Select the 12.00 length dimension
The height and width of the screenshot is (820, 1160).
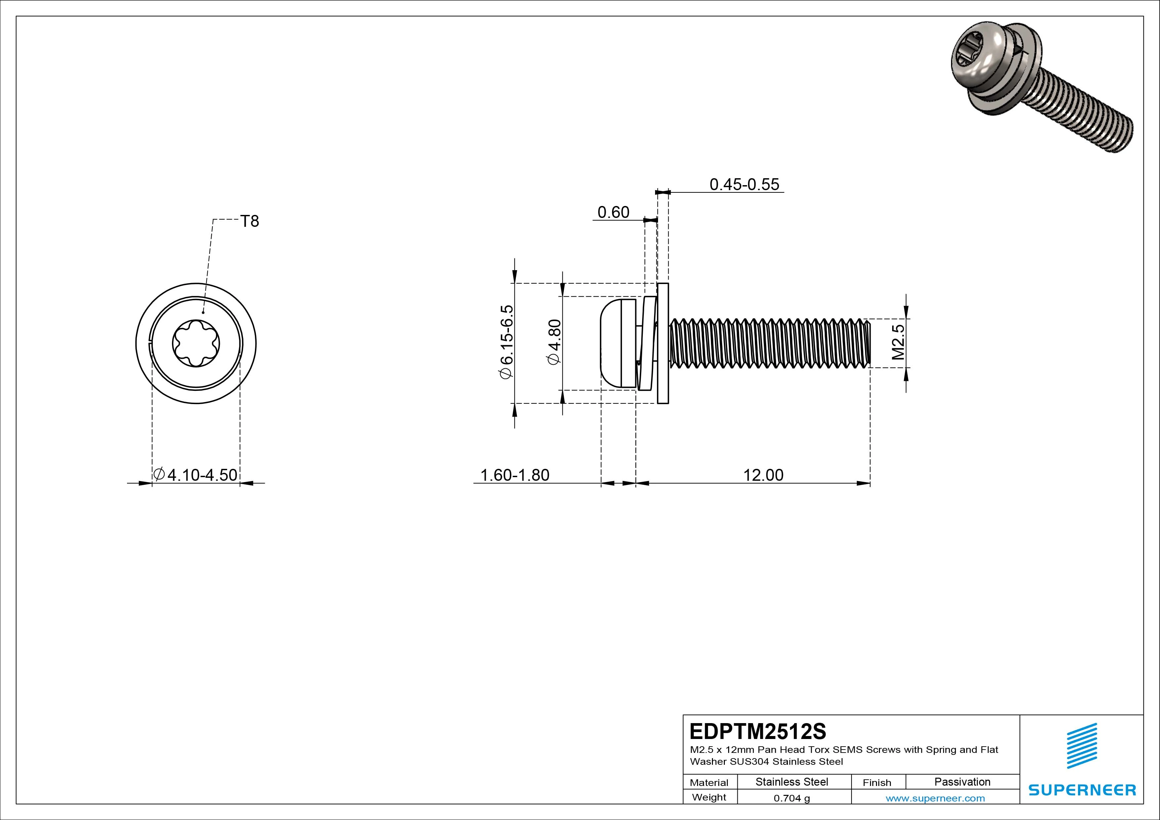pos(763,475)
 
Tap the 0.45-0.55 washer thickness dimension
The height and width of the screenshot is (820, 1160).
pos(744,184)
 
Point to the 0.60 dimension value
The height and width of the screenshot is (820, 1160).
pos(613,212)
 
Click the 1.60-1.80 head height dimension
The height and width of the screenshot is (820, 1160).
pos(514,475)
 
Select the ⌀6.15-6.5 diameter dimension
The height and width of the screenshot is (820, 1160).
pos(506,342)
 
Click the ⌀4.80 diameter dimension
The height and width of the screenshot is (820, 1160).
pos(554,342)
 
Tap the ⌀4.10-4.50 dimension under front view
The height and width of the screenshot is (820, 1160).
pos(196,475)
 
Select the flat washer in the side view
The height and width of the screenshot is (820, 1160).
pos(663,344)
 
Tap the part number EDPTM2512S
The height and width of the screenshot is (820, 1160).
pos(758,731)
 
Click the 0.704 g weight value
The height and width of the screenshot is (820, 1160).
pos(792,798)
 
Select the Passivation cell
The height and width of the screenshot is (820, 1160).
pos(962,782)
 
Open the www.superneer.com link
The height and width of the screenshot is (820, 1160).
pos(935,798)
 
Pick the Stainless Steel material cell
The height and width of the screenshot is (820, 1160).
pos(792,782)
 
